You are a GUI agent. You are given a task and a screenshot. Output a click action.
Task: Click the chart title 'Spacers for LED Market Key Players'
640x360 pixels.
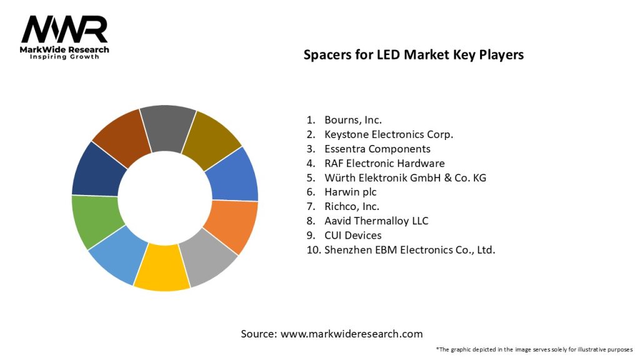(x=413, y=54)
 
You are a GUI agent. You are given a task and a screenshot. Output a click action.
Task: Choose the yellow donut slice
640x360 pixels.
(x=161, y=270)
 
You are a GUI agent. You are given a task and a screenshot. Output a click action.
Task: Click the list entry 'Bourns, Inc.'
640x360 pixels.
(x=352, y=119)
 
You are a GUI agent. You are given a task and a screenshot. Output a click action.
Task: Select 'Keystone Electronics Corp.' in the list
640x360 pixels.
(x=388, y=134)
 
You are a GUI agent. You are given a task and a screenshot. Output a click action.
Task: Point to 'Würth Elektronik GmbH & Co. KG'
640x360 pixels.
(x=404, y=177)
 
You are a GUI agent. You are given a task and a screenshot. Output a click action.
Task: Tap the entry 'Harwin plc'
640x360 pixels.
(x=350, y=192)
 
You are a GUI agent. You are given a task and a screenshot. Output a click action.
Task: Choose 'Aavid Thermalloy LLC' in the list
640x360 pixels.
(x=376, y=221)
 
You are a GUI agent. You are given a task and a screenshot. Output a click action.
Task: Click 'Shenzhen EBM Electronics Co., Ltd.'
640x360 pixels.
(x=409, y=250)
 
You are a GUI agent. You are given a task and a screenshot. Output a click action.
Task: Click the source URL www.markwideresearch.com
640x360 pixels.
(x=351, y=334)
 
